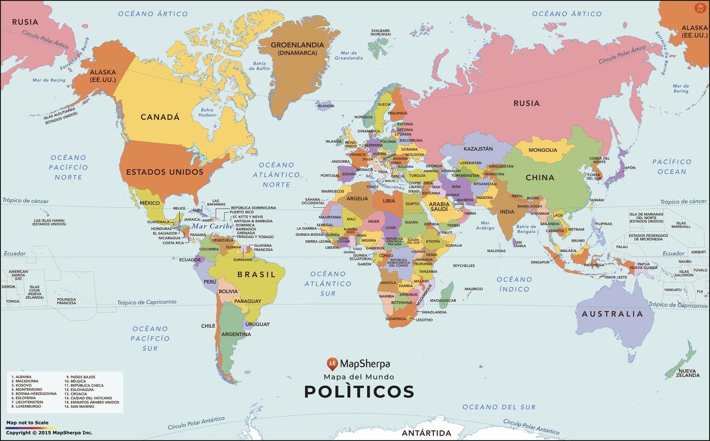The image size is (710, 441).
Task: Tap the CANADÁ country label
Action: coord(160,117)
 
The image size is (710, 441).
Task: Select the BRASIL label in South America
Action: coord(256,274)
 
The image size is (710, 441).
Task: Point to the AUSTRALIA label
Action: coord(612,314)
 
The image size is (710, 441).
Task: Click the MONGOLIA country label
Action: coord(543,150)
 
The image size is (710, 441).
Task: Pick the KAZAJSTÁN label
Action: coord(478,149)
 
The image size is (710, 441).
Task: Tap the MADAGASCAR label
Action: coord(443,301)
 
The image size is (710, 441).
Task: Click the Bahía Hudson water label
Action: coord(207,112)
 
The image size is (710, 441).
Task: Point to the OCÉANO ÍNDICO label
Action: coord(514,284)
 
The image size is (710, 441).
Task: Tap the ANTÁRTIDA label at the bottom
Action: coord(426,433)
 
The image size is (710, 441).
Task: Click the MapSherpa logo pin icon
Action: coord(332,363)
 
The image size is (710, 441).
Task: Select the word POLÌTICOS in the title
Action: coord(359,392)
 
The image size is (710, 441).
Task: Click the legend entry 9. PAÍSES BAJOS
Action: coord(81,377)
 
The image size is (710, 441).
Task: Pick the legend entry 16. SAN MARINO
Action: coord(79,407)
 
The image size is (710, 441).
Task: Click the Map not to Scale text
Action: coord(27,423)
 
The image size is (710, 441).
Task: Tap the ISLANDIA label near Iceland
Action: coord(326,106)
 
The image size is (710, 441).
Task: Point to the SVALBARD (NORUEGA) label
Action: coord(380,32)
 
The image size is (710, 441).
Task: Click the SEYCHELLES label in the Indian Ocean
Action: coord(464,266)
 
